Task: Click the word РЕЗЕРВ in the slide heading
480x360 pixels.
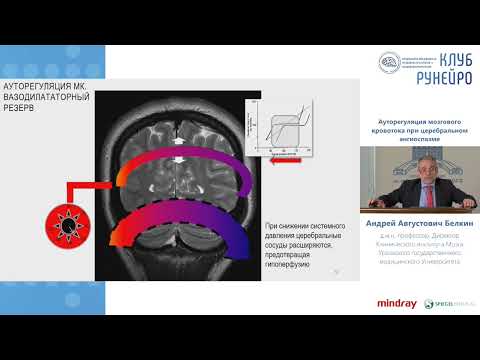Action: click(x=26, y=109)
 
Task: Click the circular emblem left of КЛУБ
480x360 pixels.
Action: click(x=388, y=62)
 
